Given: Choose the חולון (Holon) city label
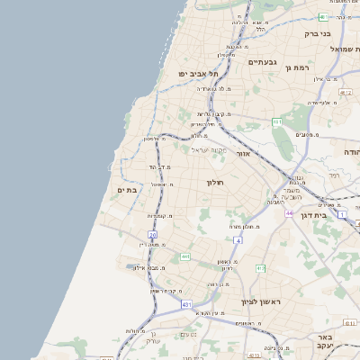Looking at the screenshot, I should (x=214, y=183).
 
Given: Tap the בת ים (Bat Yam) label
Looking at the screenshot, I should (x=126, y=190).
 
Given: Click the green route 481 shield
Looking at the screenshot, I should (x=322, y=16).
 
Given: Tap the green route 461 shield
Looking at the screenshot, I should (x=277, y=122).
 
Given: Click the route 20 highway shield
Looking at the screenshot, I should (x=153, y=236).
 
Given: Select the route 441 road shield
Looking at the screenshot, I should (x=185, y=256).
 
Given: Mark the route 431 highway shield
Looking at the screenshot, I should (x=186, y=305).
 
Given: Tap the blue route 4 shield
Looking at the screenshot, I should (x=238, y=240).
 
